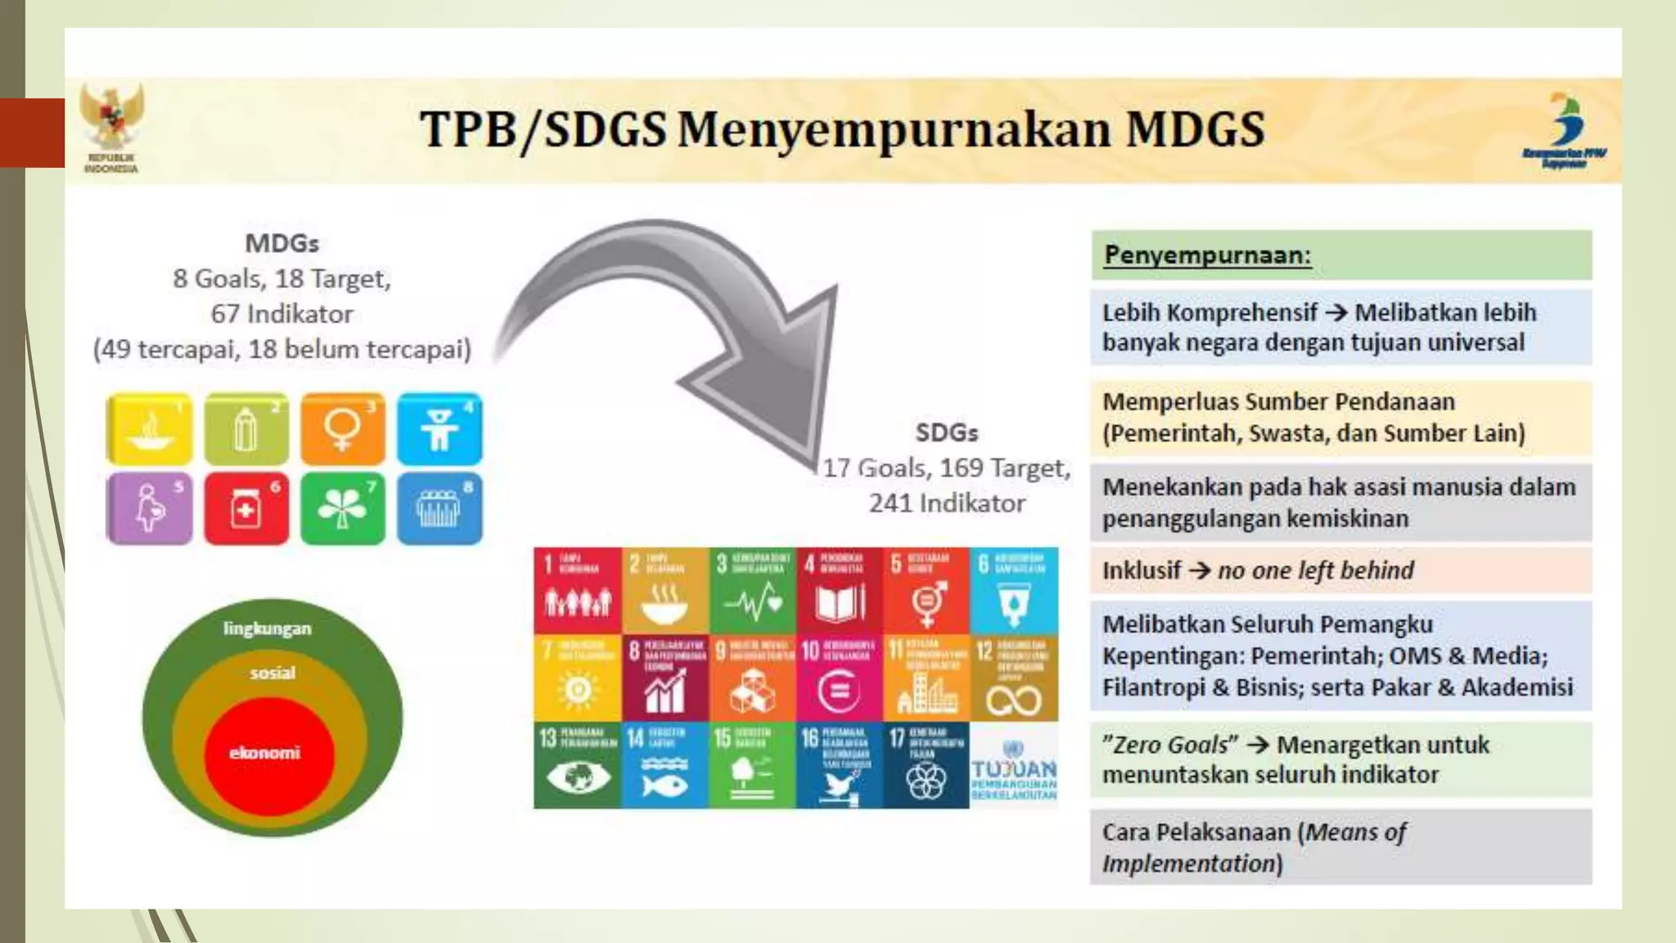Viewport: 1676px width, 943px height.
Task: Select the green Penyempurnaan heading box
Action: click(x=1340, y=255)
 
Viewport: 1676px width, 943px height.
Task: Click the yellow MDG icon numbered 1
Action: click(x=149, y=429)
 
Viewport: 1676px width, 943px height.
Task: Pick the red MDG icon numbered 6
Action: click(x=246, y=508)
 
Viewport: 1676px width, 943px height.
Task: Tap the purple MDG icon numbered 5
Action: click(x=149, y=508)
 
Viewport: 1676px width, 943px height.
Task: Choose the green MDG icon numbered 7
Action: click(x=342, y=508)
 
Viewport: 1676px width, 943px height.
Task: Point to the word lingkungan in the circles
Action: click(x=267, y=629)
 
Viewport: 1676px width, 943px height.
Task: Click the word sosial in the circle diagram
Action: click(x=272, y=673)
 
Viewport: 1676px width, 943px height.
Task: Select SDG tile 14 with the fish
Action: click(x=664, y=765)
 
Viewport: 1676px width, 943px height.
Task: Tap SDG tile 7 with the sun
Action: click(x=577, y=678)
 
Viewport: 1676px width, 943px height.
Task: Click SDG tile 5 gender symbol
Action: click(x=926, y=590)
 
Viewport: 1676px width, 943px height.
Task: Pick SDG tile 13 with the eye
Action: click(x=577, y=765)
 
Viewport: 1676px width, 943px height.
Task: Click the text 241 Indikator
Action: click(x=947, y=503)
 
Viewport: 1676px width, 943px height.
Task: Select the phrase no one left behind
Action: click(x=1315, y=571)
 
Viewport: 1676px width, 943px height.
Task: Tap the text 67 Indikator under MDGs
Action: click(x=282, y=314)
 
